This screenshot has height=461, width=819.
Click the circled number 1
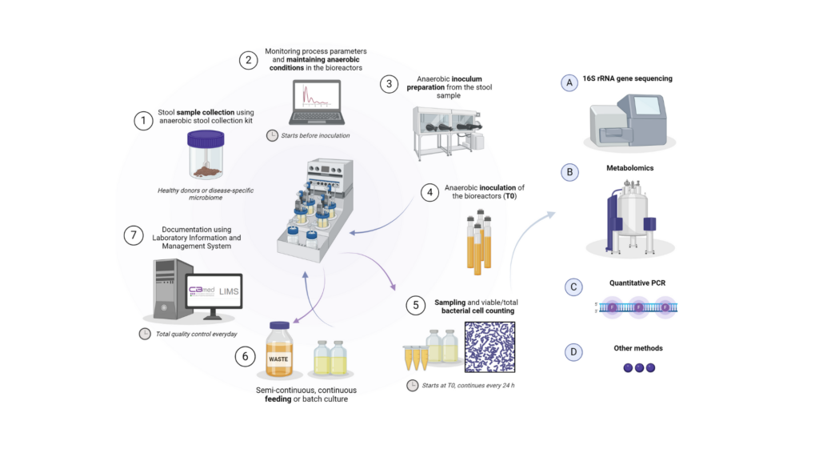pyautogui.click(x=144, y=121)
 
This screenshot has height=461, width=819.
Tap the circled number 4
pyautogui.click(x=429, y=192)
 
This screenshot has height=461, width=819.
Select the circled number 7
pyautogui.click(x=134, y=235)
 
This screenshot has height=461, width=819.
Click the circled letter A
pyautogui.click(x=569, y=82)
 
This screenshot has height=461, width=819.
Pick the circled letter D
pyautogui.click(x=573, y=352)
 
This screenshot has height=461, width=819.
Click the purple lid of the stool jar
pyautogui.click(x=206, y=138)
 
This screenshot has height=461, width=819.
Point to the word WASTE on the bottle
pyautogui.click(x=278, y=359)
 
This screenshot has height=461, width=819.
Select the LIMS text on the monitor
pyautogui.click(x=229, y=291)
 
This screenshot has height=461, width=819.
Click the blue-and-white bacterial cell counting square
pyautogui.click(x=490, y=347)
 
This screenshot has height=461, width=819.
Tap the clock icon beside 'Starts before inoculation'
pyautogui.click(x=272, y=135)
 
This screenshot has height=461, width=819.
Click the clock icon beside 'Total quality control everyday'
pyautogui.click(x=145, y=334)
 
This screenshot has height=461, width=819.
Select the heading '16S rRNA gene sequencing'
pyautogui.click(x=627, y=78)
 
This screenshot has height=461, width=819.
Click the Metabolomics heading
pyautogui.click(x=630, y=168)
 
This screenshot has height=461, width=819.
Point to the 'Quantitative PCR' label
pyautogui.click(x=637, y=283)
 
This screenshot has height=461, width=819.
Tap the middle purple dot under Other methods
pyautogui.click(x=639, y=368)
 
